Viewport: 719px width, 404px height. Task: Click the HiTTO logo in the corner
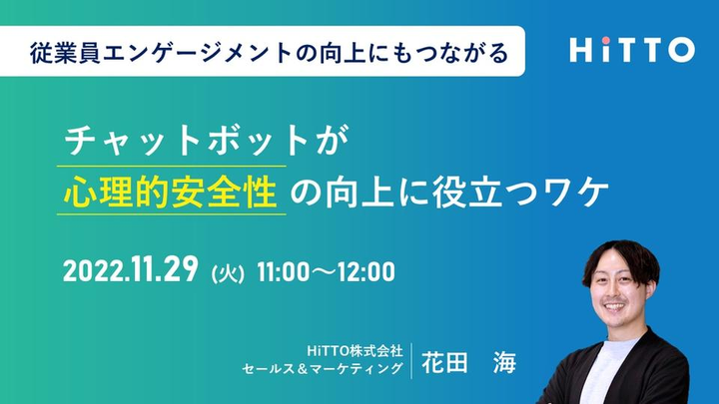tap(632, 50)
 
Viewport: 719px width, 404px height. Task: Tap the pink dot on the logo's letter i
tap(606, 40)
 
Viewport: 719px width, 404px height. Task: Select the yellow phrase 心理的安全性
tap(171, 192)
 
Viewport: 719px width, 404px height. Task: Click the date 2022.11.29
tap(131, 270)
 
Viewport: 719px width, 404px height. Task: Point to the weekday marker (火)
tap(228, 274)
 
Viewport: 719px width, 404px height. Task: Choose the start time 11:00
tap(284, 271)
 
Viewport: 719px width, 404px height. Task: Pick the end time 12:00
tap(365, 271)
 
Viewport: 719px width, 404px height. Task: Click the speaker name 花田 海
tap(468, 362)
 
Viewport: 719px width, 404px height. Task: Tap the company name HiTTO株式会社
tap(355, 351)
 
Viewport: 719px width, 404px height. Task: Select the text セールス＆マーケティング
tap(323, 368)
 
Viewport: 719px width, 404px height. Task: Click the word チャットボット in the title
tap(187, 141)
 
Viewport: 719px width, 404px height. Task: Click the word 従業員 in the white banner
tap(65, 53)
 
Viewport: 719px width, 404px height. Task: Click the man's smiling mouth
tap(614, 307)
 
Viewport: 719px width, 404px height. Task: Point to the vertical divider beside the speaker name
tap(411, 361)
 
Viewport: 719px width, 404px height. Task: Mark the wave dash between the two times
tap(324, 272)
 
